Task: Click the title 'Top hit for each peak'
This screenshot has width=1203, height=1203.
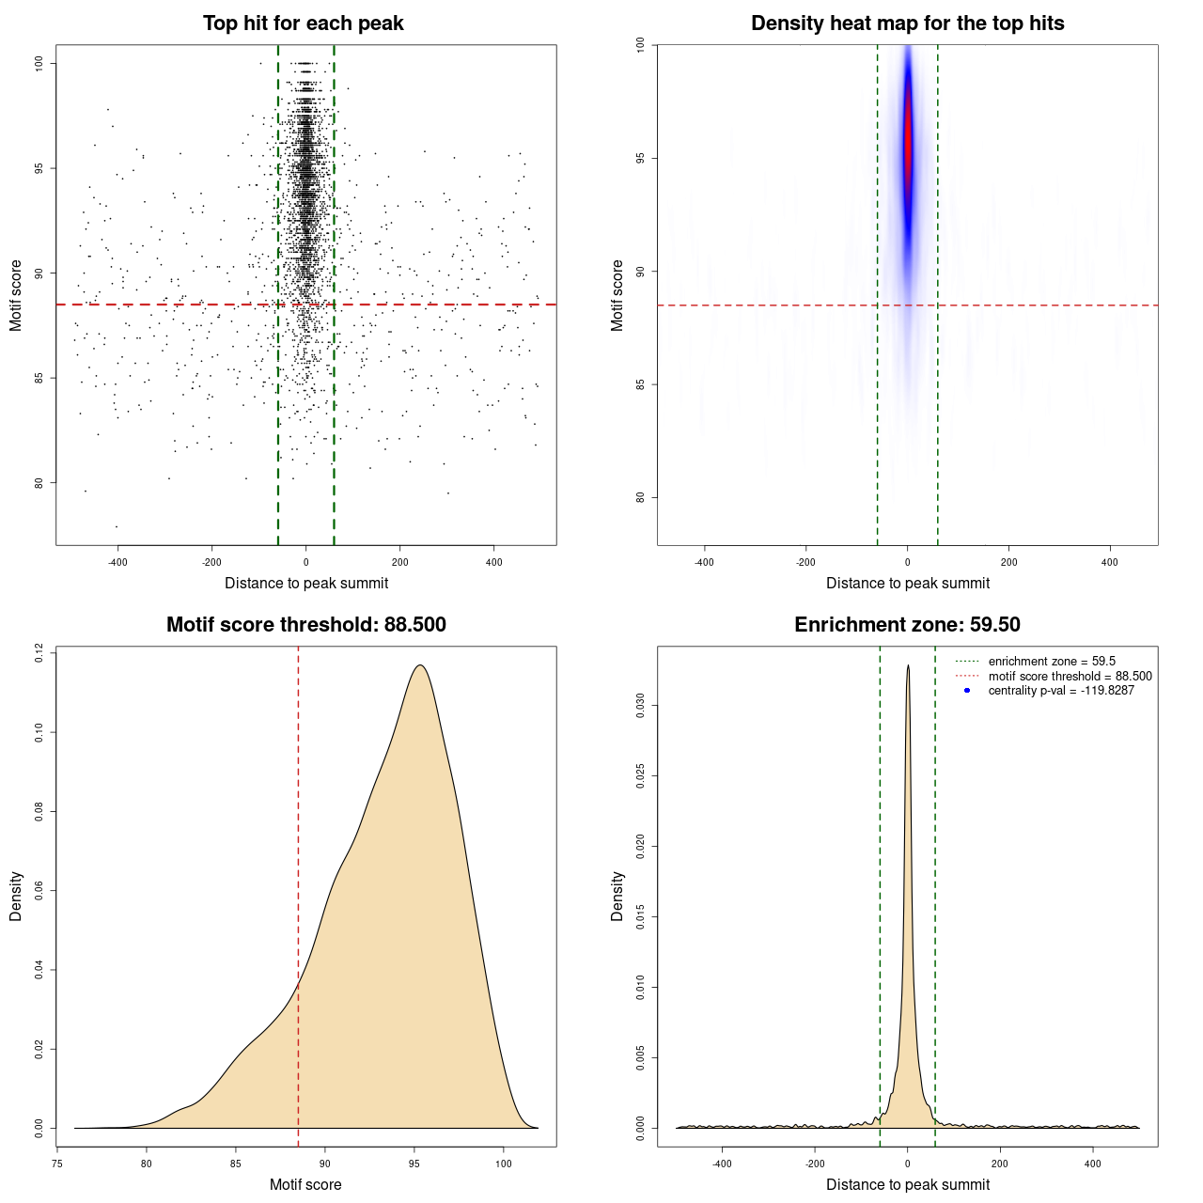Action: click(304, 23)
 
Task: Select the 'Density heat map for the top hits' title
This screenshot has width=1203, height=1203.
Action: click(907, 23)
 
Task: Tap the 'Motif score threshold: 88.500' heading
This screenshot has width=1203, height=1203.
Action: click(305, 625)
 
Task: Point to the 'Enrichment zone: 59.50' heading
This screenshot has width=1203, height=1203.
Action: click(907, 625)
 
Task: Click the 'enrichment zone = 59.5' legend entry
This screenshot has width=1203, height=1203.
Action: click(1052, 662)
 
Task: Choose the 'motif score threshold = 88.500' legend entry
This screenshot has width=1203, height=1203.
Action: click(1070, 677)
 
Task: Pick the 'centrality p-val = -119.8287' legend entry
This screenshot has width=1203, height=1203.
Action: click(1061, 691)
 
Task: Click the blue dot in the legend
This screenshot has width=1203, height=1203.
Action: click(967, 691)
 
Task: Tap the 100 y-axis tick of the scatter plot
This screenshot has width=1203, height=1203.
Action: click(39, 63)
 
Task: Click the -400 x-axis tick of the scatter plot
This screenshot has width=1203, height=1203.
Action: click(117, 562)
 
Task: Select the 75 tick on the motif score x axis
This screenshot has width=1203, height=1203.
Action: click(57, 1164)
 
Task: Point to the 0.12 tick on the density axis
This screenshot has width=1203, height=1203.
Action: click(39, 652)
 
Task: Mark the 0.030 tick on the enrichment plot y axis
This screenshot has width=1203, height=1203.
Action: click(641, 706)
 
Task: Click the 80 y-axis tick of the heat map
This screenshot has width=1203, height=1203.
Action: click(641, 497)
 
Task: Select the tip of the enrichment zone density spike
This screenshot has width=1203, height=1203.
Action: click(908, 665)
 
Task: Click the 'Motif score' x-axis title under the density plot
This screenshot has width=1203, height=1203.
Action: click(305, 1184)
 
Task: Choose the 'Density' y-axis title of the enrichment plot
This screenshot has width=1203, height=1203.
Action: click(617, 896)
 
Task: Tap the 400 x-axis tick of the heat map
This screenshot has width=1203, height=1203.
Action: click(1110, 562)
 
